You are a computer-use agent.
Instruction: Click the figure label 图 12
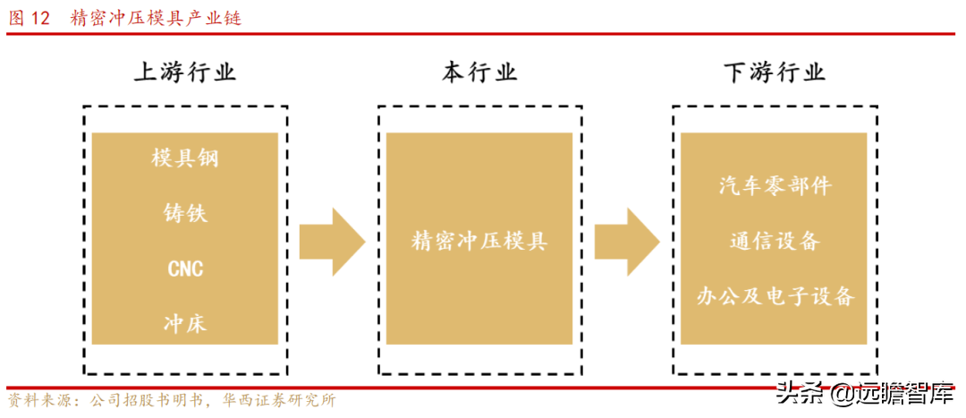pos(29,18)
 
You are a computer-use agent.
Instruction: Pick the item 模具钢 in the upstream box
pos(185,159)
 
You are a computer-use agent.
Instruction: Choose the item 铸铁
pos(185,214)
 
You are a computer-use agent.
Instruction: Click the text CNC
pos(185,269)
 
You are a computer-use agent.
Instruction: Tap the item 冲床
pos(185,323)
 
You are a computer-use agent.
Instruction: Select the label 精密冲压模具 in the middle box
pos(479,241)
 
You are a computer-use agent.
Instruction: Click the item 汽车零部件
pos(775,186)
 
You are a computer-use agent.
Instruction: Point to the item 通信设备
pos(775,241)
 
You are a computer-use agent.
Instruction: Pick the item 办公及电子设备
pos(775,296)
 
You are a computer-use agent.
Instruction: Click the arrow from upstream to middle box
pos(331,242)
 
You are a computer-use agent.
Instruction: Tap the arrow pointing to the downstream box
pos(626,242)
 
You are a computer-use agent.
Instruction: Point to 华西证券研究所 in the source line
pos(278,400)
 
